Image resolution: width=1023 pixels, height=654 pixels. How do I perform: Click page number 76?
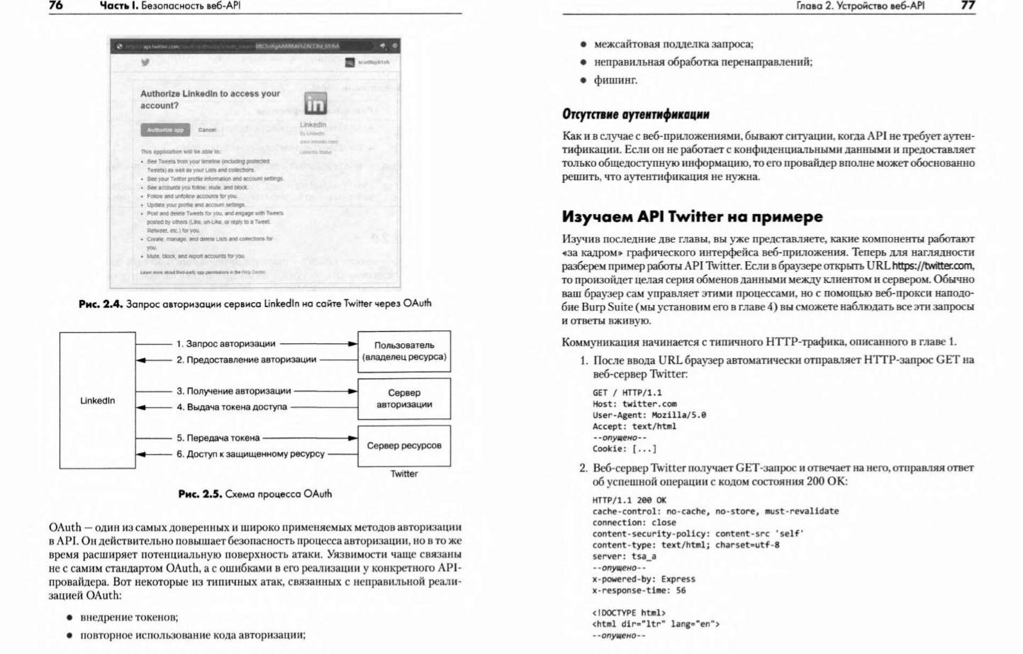[56, 6]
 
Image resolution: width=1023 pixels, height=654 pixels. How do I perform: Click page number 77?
[968, 6]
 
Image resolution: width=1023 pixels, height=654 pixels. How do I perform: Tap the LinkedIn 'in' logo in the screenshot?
[315, 104]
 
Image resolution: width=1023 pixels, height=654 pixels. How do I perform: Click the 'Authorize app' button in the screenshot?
[164, 130]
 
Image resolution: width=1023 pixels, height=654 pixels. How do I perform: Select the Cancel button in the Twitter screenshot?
[207, 130]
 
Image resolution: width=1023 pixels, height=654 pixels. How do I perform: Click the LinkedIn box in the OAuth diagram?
[97, 401]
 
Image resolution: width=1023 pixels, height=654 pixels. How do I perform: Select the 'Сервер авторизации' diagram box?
[404, 399]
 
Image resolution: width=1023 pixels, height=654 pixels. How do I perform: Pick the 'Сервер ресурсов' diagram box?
[404, 445]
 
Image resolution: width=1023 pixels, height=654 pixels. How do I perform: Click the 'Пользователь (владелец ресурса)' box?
[404, 351]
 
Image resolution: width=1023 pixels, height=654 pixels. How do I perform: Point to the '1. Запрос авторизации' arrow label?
[225, 344]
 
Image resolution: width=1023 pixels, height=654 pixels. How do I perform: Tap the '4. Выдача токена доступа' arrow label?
[232, 407]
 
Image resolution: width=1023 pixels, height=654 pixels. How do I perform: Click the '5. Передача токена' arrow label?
[218, 438]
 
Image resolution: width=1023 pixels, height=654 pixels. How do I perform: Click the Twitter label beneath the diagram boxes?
[404, 474]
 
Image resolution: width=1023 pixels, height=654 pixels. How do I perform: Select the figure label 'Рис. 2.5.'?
[200, 494]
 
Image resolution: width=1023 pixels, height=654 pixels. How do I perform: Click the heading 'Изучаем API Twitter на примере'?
[692, 216]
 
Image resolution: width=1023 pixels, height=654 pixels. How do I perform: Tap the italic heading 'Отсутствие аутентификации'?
[635, 114]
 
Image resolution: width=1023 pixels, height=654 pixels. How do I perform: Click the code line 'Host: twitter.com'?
[635, 404]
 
